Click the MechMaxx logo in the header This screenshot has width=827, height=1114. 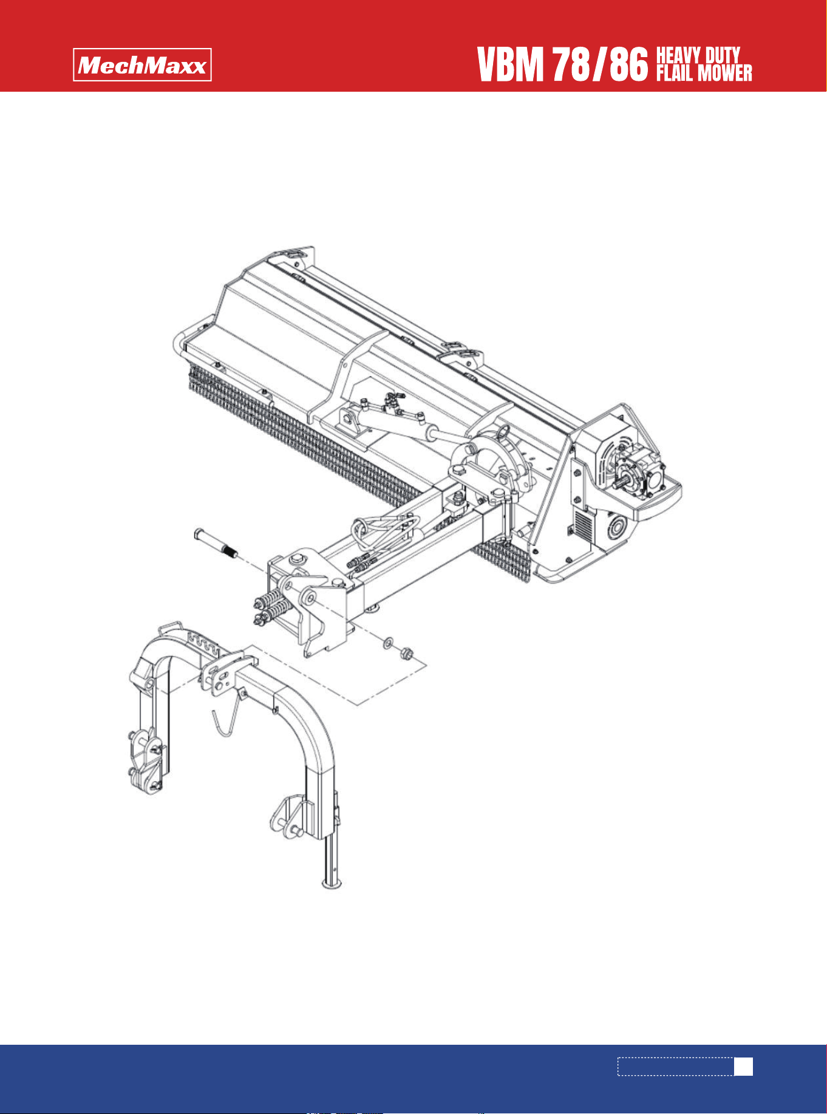click(143, 64)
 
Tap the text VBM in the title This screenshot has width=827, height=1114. click(510, 66)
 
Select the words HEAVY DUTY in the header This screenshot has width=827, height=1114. click(698, 56)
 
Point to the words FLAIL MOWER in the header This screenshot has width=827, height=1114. click(704, 73)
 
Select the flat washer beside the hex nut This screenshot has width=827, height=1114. click(387, 642)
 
